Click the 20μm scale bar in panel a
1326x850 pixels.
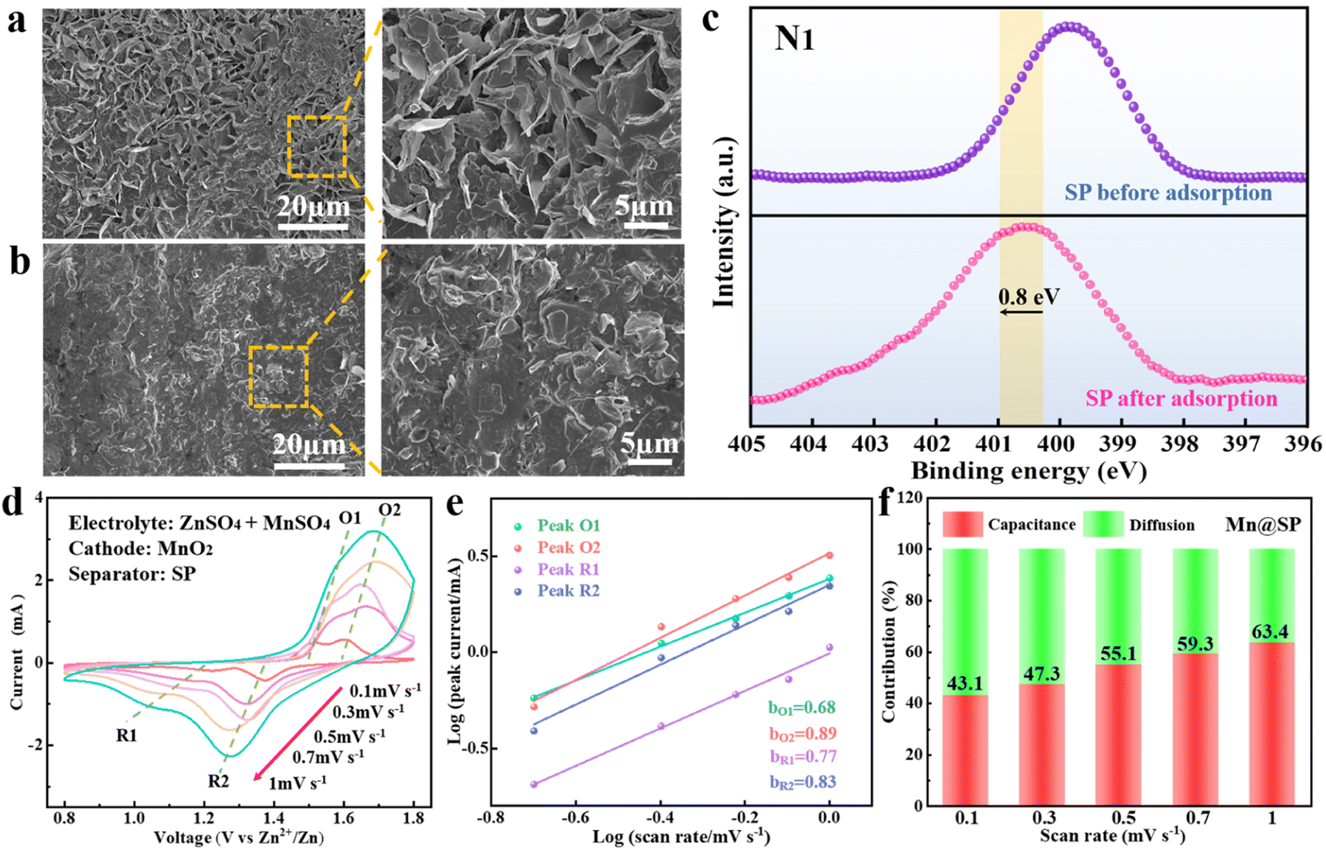(313, 227)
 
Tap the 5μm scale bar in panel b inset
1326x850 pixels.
(649, 462)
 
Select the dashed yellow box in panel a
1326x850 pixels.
(317, 147)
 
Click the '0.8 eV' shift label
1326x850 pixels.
(1029, 297)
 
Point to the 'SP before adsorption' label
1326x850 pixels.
(1168, 193)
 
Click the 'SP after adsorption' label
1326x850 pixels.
(1181, 398)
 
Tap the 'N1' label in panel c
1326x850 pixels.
(794, 39)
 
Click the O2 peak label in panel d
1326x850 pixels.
(390, 509)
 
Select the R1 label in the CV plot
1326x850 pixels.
(127, 735)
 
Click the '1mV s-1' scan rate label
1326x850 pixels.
(298, 781)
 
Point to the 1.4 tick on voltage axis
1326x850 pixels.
(273, 818)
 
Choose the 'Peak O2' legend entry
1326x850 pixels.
(568, 547)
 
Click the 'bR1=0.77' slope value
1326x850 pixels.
(803, 757)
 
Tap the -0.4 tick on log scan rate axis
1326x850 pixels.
(660, 817)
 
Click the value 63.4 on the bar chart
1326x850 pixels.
(1270, 632)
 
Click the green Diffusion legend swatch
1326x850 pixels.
(1103, 524)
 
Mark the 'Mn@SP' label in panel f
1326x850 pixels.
(1263, 524)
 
